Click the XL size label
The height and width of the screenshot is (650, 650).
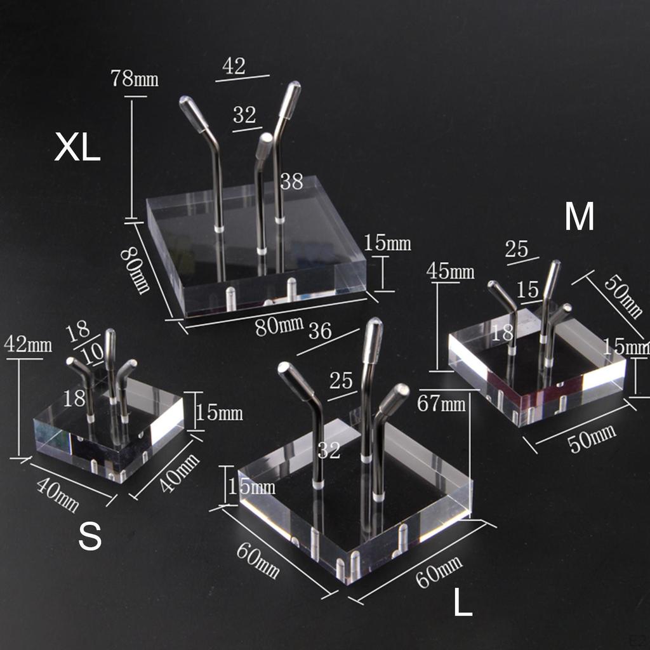pyautogui.click(x=77, y=148)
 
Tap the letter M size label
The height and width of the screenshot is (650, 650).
pyautogui.click(x=579, y=216)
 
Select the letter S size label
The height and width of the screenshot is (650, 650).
pyautogui.click(x=90, y=536)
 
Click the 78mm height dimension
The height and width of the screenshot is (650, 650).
pyautogui.click(x=135, y=78)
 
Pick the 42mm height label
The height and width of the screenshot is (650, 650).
pyautogui.click(x=28, y=345)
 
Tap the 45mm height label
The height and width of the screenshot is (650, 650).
pyautogui.click(x=450, y=271)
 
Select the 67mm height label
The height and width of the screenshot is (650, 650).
pyautogui.click(x=441, y=403)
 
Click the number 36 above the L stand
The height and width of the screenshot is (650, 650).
pyautogui.click(x=320, y=331)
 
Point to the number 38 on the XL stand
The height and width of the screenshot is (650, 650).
pyautogui.click(x=292, y=182)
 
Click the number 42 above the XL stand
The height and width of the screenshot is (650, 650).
pyautogui.click(x=234, y=66)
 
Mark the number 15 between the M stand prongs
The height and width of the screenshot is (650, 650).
pyautogui.click(x=527, y=290)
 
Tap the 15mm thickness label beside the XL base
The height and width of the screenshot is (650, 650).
pyautogui.click(x=387, y=243)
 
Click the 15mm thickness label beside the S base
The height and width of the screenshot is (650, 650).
pyautogui.click(x=219, y=413)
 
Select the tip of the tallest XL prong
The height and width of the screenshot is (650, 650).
pyautogui.click(x=296, y=83)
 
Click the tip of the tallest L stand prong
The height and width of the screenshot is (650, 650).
pyautogui.click(x=375, y=320)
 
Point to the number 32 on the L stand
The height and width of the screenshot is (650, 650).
pyautogui.click(x=329, y=450)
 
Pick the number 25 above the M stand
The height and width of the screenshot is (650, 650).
pyautogui.click(x=517, y=249)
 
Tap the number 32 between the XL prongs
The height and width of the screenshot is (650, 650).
pyautogui.click(x=244, y=115)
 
